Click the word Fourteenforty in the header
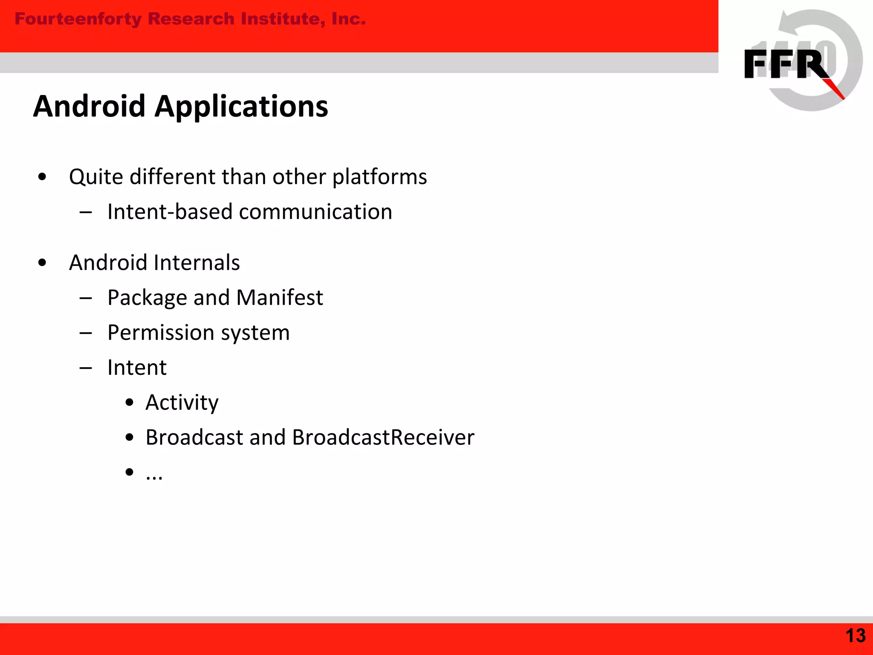click(78, 19)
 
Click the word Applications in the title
click(241, 107)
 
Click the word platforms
click(379, 177)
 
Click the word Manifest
click(280, 298)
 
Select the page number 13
click(855, 636)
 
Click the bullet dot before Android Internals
click(42, 263)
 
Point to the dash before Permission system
click(86, 333)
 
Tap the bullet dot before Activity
click(130, 403)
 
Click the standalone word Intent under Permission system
click(137, 368)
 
